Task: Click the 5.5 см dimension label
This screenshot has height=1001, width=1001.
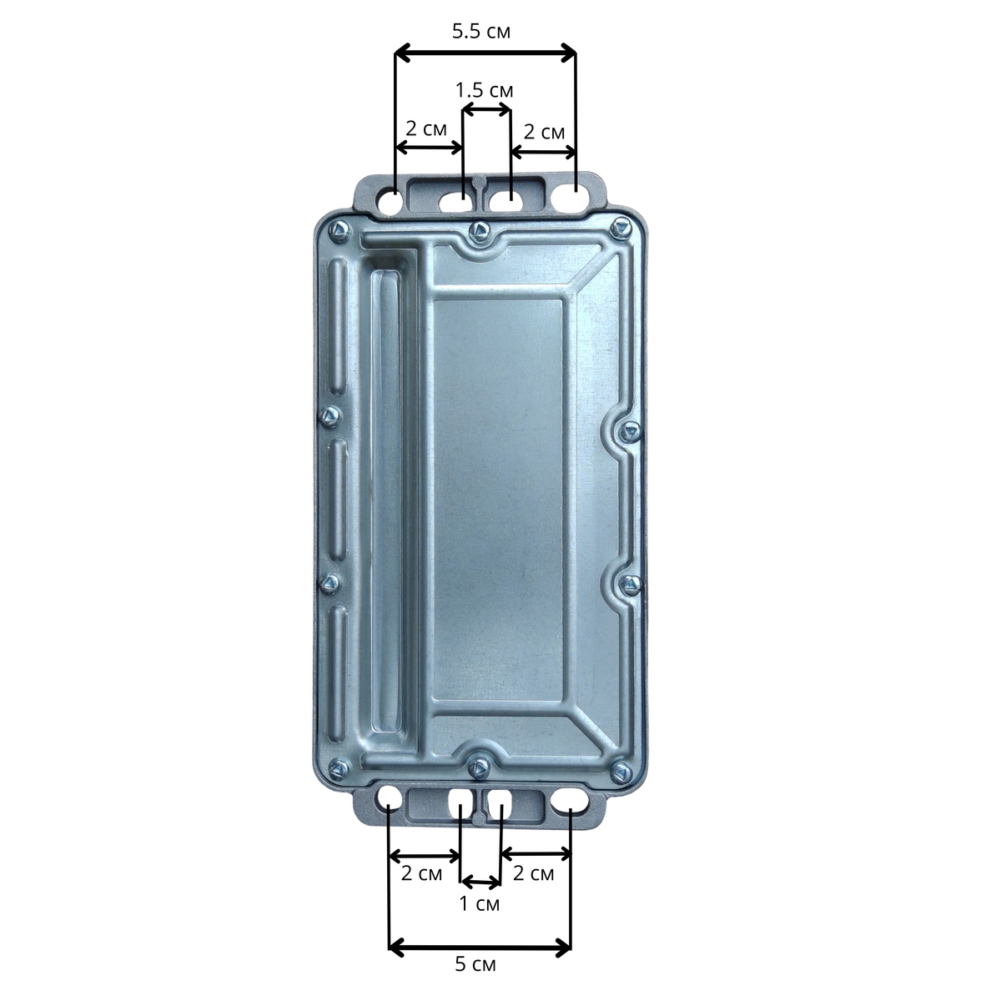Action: point(481,31)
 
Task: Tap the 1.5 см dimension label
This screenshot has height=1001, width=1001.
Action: point(484,90)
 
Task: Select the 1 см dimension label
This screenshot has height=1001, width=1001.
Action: point(480,904)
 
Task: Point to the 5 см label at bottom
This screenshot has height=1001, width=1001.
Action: point(475,964)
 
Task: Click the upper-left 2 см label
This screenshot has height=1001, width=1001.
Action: point(426,128)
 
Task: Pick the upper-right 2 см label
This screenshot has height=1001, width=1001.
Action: point(544,132)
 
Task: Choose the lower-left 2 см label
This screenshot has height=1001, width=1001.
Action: point(422,873)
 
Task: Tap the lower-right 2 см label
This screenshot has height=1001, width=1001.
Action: point(534,873)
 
